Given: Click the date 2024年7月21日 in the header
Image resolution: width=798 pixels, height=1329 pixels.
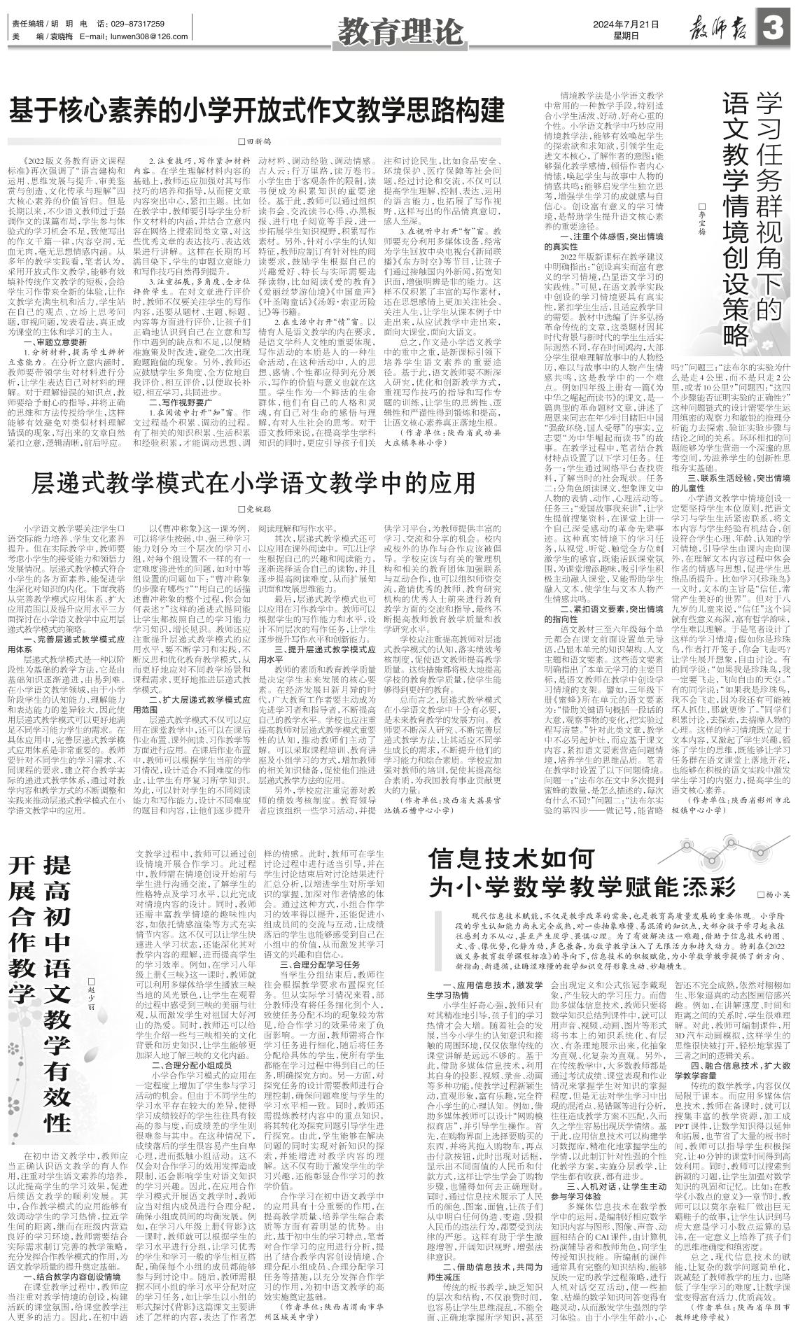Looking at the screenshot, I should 626,24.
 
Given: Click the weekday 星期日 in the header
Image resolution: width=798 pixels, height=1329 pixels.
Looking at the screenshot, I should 626,36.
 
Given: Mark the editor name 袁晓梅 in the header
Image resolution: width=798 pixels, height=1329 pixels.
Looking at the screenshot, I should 59,36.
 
